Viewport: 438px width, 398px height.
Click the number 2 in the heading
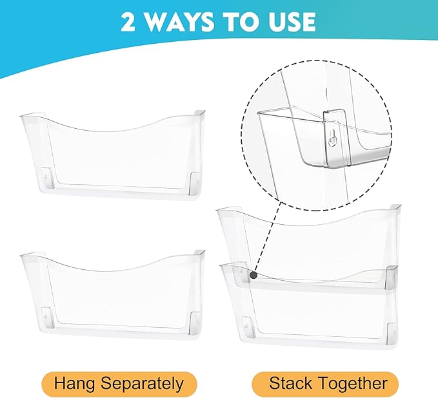pyautogui.click(x=128, y=21)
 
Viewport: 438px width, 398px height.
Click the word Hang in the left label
pyautogui.click(x=74, y=384)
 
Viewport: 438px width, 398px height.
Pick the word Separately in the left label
pyautogui.click(x=142, y=384)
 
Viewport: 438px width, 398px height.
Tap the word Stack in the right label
pyautogui.click(x=290, y=383)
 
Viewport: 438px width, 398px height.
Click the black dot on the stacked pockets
pyautogui.click(x=254, y=275)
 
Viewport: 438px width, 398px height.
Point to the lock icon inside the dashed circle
pyautogui.click(x=332, y=138)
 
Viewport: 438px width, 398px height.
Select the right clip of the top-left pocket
pyautogui.click(x=195, y=183)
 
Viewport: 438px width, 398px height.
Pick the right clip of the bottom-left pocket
pyautogui.click(x=195, y=323)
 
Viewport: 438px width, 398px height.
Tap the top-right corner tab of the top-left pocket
pyautogui.click(x=199, y=113)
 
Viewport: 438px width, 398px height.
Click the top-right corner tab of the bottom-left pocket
pyautogui.click(x=199, y=252)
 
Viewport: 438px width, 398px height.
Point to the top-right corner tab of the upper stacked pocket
pyautogui.click(x=395, y=207)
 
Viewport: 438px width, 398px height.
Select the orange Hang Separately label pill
pyautogui.click(x=119, y=384)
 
